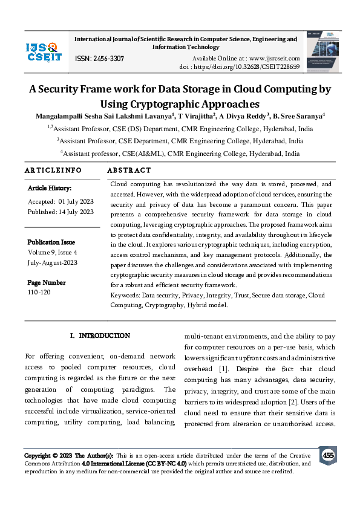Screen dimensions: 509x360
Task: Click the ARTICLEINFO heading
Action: click(x=53, y=170)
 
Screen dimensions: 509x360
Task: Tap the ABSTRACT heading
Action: click(x=129, y=170)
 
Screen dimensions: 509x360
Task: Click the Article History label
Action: click(x=50, y=189)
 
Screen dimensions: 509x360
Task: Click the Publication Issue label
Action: click(x=51, y=242)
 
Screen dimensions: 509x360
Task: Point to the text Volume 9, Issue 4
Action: click(x=53, y=251)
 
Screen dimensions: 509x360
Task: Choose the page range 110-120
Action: click(x=39, y=292)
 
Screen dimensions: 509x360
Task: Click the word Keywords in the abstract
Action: click(x=125, y=296)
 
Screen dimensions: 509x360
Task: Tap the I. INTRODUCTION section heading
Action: click(x=100, y=336)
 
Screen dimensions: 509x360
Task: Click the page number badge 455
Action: click(x=328, y=455)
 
